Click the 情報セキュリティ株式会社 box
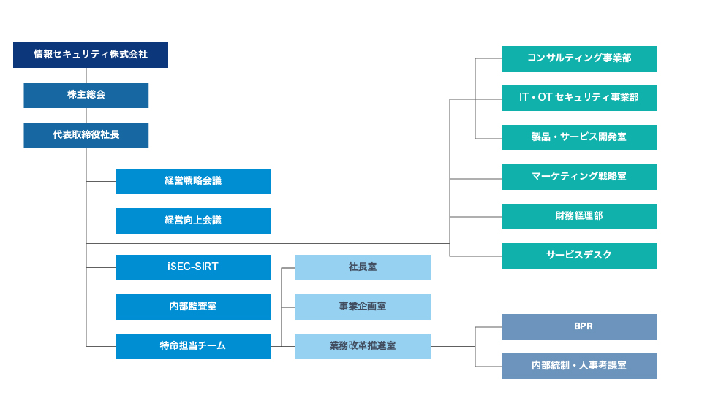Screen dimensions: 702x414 tap(91, 55)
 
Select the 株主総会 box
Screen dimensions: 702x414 tap(86, 95)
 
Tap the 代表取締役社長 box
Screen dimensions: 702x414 tap(86, 136)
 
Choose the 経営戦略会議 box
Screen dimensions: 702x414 tap(193, 182)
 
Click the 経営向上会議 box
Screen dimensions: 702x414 tap(193, 221)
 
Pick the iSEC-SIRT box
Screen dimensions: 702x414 tap(193, 267)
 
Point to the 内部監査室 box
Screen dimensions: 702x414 tap(193, 307)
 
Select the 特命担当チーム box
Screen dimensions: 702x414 tap(193, 347)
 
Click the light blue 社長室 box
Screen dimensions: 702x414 tap(363, 267)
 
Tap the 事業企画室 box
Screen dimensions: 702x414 tap(363, 307)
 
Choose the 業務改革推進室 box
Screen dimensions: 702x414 tap(363, 347)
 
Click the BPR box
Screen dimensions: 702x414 tap(579, 327)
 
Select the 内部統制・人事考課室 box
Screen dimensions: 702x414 tap(579, 366)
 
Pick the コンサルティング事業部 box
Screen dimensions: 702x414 tap(579, 58)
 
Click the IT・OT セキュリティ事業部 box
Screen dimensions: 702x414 tap(579, 98)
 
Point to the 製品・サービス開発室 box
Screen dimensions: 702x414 tap(579, 138)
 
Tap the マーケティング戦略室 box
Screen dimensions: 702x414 tap(579, 177)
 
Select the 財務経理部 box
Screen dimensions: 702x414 tap(579, 216)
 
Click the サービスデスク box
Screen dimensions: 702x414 tap(579, 256)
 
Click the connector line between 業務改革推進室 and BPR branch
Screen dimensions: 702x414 tap(453, 347)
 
